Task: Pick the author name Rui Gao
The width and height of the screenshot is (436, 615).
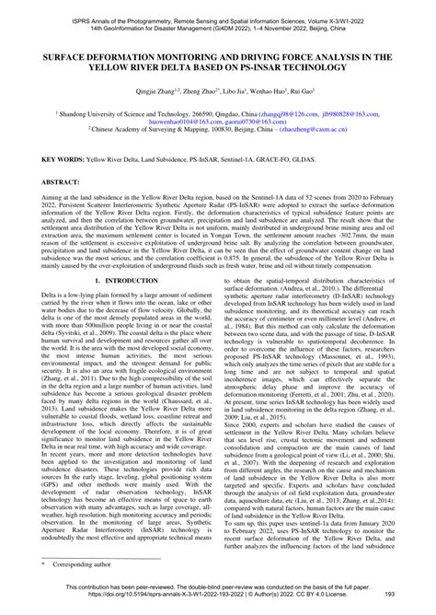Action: [294, 91]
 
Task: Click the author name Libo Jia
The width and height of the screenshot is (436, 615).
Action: [222, 91]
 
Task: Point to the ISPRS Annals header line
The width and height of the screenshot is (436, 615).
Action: [217, 6]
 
